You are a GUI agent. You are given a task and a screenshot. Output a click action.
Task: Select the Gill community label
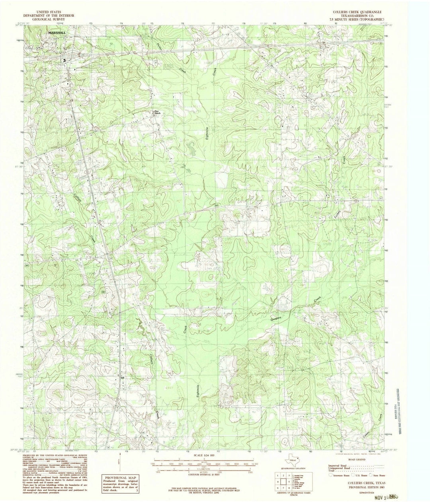coord(123,378)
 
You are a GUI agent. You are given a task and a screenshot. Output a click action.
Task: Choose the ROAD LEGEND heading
coord(354,458)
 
